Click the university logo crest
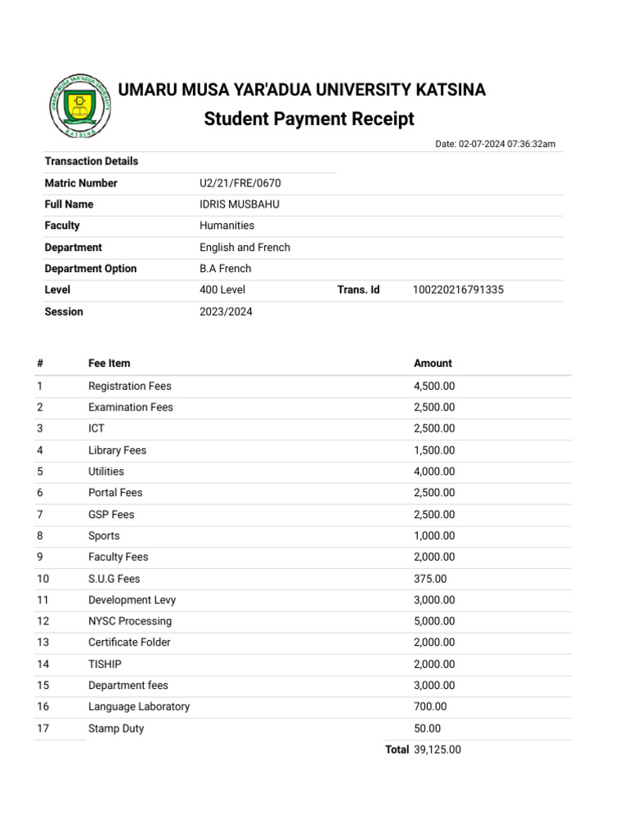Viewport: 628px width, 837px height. [78, 105]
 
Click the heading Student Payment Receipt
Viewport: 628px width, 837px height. [309, 119]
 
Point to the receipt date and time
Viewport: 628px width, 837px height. [495, 145]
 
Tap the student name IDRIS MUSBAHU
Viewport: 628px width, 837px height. [240, 204]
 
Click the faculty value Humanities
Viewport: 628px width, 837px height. [227, 226]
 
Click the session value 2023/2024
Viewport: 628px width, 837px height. [226, 311]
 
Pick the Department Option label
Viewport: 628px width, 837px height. [91, 269]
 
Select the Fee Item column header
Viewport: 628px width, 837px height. [109, 364]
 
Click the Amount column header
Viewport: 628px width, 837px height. [433, 364]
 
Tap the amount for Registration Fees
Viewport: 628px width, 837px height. [434, 386]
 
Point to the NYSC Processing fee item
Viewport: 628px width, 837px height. [130, 621]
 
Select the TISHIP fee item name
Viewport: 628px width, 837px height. [105, 665]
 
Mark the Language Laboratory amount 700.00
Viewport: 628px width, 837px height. [430, 707]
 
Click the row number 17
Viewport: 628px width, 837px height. [43, 728]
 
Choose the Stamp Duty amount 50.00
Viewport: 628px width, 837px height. [427, 728]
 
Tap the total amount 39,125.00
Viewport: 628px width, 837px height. [437, 750]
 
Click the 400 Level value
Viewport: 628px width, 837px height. [222, 290]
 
